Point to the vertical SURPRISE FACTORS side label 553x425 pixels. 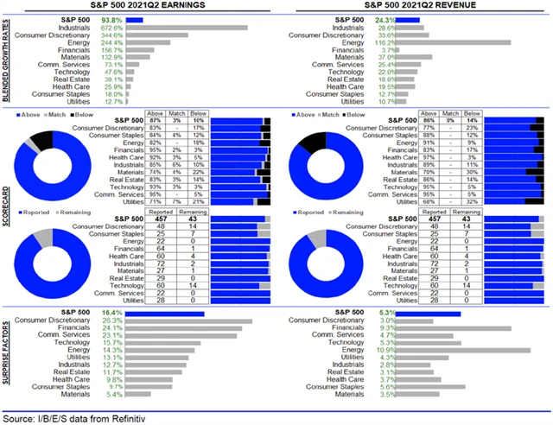7,354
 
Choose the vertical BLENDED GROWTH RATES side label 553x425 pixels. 7,61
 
